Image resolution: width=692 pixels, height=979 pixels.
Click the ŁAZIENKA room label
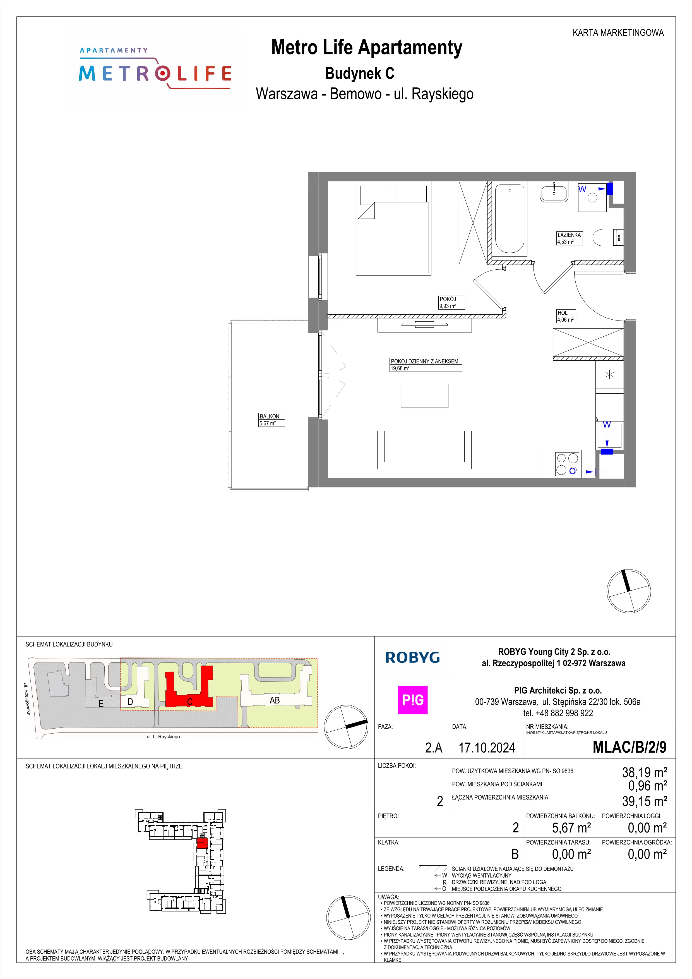569,235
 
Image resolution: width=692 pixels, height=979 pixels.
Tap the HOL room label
563,313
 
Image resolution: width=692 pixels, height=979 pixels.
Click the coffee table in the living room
424,396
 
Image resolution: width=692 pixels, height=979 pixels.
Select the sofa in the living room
424,450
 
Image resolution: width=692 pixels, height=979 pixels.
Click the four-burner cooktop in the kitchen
567,464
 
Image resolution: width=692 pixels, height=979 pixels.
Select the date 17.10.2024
487,748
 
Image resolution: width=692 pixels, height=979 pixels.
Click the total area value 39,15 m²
645,801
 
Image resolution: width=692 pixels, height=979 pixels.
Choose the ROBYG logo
412,657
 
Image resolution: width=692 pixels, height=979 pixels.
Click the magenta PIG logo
412,700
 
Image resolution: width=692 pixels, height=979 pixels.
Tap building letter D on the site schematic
130,702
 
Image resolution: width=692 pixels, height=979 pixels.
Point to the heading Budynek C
360,73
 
